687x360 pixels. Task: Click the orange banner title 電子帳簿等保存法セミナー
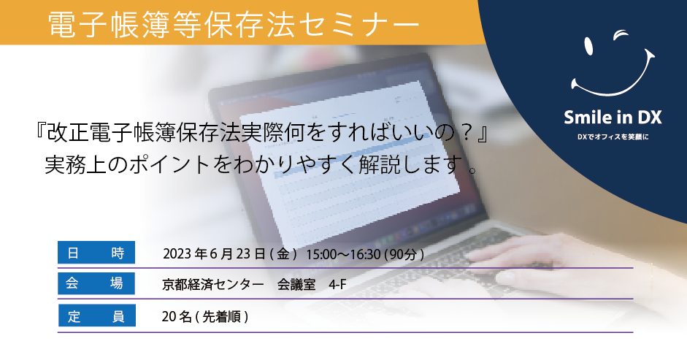(234, 23)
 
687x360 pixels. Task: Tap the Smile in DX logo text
(613, 117)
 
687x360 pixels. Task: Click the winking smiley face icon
(613, 64)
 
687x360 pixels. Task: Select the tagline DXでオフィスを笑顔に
(613, 137)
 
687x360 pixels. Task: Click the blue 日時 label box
(96, 253)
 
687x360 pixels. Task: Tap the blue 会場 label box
(96, 283)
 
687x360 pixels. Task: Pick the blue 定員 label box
(97, 315)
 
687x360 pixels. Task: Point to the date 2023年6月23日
(214, 254)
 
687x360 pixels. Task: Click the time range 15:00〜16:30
(343, 254)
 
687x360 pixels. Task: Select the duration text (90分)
(404, 254)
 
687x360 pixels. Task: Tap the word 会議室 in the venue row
(296, 285)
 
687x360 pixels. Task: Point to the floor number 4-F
(337, 285)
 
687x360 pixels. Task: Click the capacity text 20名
(177, 316)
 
